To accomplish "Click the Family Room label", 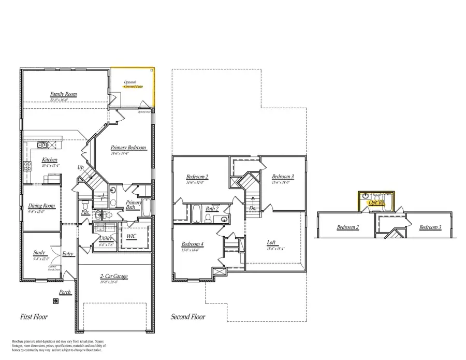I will [63, 94].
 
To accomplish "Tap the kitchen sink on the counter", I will [44, 146].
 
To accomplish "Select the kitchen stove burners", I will [27, 166].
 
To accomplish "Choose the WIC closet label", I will [132, 236].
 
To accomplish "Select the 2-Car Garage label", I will [114, 276].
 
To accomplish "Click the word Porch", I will [65, 293].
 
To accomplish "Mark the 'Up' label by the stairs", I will [80, 168].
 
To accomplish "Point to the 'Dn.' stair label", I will [252, 208].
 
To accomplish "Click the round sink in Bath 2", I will [224, 219].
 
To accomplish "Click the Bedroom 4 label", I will [193, 244].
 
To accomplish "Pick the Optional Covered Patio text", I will [133, 84].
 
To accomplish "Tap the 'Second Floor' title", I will [188, 317].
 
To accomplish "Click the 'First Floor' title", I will [34, 317].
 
